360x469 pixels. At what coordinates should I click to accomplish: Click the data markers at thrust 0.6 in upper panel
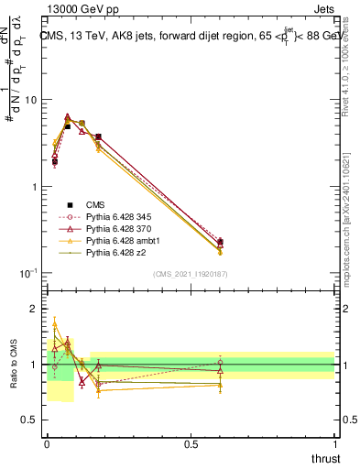tap(220, 243)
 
